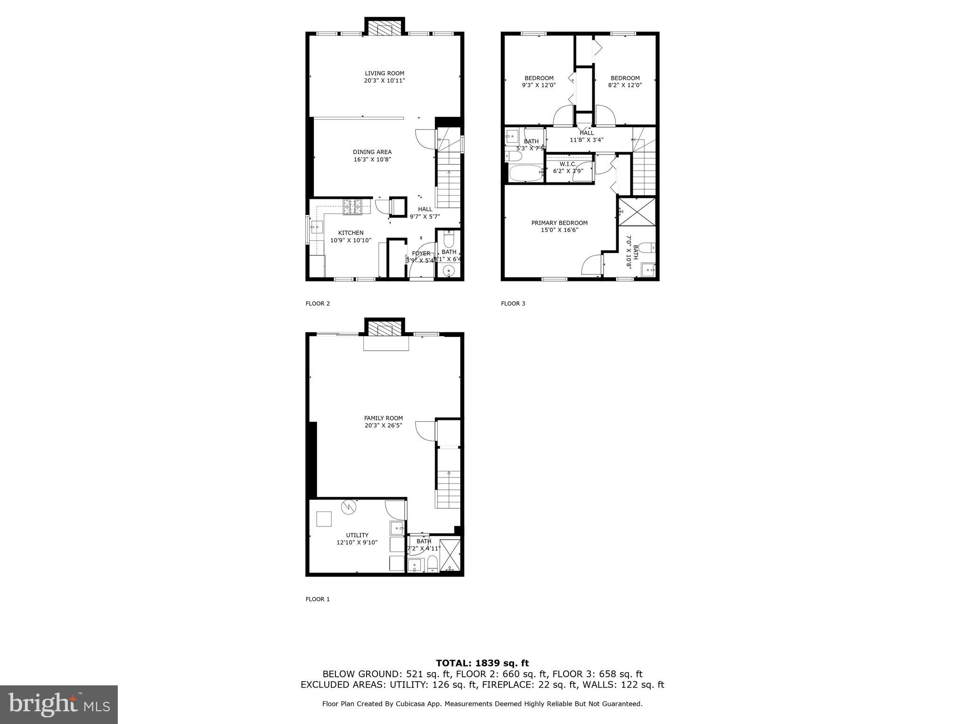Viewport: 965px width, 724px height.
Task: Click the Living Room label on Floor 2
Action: tap(384, 74)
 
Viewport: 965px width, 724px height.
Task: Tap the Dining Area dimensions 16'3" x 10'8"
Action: tap(372, 160)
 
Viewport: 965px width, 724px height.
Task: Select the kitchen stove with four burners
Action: tap(352, 207)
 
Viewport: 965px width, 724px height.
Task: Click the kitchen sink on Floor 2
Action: tap(316, 228)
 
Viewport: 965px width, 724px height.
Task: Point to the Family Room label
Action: tap(383, 418)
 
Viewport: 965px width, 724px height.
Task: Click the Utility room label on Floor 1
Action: tap(357, 535)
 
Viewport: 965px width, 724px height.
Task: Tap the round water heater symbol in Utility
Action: tap(349, 507)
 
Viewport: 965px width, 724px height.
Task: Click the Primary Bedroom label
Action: tap(559, 223)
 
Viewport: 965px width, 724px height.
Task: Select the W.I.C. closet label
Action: tap(568, 164)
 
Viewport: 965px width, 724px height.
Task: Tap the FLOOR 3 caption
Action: tap(513, 304)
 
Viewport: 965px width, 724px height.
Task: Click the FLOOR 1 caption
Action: tap(318, 599)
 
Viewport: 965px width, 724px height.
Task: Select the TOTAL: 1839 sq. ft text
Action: tap(482, 664)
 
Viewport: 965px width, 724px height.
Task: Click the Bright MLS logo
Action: tap(59, 704)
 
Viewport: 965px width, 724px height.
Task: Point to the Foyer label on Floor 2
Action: tap(420, 254)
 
